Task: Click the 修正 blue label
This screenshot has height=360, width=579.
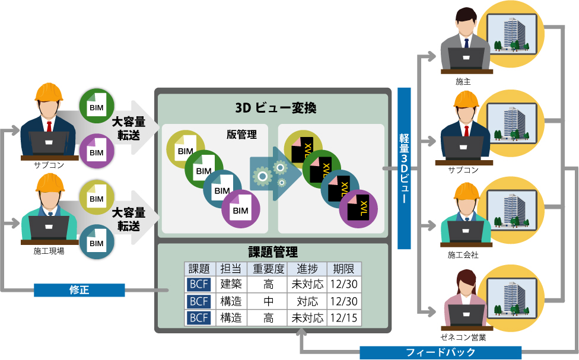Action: [x=79, y=290]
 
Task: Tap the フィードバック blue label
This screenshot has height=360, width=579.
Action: [x=440, y=352]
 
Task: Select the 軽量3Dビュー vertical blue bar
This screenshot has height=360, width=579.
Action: [x=404, y=168]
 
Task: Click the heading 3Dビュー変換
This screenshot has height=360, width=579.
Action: [x=272, y=108]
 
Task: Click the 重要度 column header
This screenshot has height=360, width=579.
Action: [x=268, y=268]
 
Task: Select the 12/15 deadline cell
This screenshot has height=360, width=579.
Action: [x=345, y=318]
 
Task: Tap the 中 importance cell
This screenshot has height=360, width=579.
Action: [x=268, y=301]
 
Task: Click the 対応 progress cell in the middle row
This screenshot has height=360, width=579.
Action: [x=307, y=301]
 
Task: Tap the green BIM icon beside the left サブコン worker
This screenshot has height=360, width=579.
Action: [x=96, y=107]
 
